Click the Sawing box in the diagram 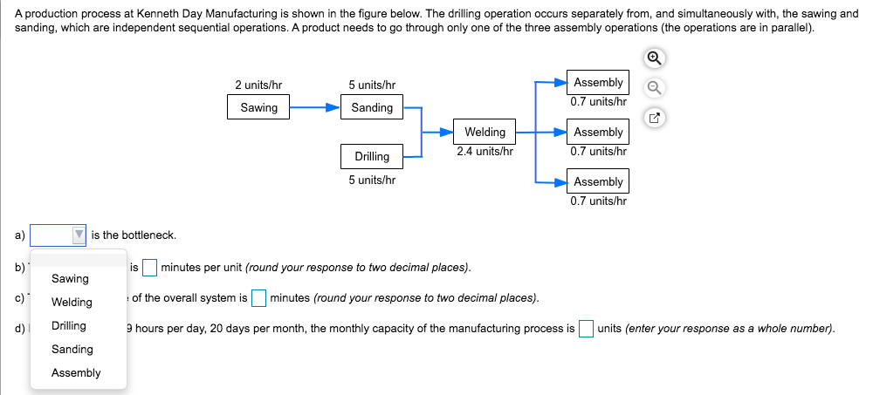[x=258, y=108]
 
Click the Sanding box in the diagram [x=372, y=108]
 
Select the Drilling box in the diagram [x=372, y=157]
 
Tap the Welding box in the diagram [x=485, y=133]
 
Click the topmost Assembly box [x=598, y=83]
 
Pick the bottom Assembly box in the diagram [x=598, y=182]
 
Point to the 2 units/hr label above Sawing [x=258, y=85]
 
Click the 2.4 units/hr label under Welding [x=485, y=151]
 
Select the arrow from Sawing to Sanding [x=314, y=108]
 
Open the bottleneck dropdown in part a [x=58, y=235]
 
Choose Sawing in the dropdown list [x=71, y=279]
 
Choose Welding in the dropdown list [x=72, y=303]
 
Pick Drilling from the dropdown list [x=69, y=326]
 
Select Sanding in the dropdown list [x=72, y=350]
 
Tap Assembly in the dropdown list [x=76, y=373]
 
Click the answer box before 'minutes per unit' [x=150, y=267]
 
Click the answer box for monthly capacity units [x=587, y=329]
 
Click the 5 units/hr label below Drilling [x=372, y=180]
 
